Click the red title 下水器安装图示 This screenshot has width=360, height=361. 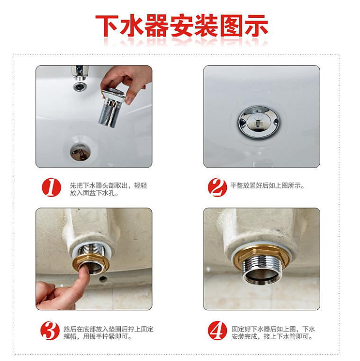[181, 26]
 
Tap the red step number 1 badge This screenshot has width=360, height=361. [51, 187]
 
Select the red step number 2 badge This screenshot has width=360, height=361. [217, 187]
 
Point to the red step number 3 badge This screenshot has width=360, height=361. [50, 331]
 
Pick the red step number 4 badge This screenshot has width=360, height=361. [217, 331]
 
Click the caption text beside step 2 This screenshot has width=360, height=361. [267, 185]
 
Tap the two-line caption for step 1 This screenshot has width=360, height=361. [108, 189]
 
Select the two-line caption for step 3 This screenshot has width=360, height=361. [108, 333]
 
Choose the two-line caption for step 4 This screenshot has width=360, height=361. [273, 333]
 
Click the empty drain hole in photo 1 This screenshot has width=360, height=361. [80, 152]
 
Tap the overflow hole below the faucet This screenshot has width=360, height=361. [80, 87]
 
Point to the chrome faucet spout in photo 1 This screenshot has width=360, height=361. [80, 73]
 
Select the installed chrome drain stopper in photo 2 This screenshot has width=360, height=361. [259, 122]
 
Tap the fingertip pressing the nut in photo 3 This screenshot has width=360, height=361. [85, 270]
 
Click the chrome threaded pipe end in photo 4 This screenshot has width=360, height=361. [261, 271]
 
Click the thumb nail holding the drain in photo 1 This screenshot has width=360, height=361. [128, 100]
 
